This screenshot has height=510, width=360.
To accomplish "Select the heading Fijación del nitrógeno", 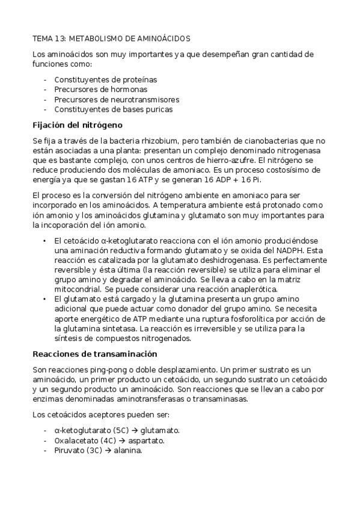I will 77,125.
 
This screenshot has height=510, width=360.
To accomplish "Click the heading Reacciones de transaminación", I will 94,354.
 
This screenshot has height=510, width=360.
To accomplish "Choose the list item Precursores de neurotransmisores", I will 117,99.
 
